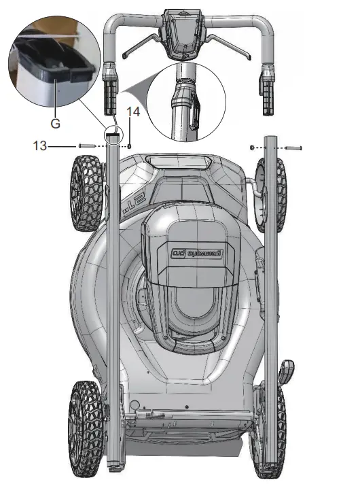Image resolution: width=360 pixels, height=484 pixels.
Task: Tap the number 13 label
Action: coord(40,145)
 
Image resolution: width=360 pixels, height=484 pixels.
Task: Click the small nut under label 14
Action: coord(130,145)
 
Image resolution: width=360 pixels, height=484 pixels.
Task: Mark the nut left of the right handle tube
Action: coord(253,147)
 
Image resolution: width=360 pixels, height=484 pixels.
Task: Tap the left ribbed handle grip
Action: coord(111,94)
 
